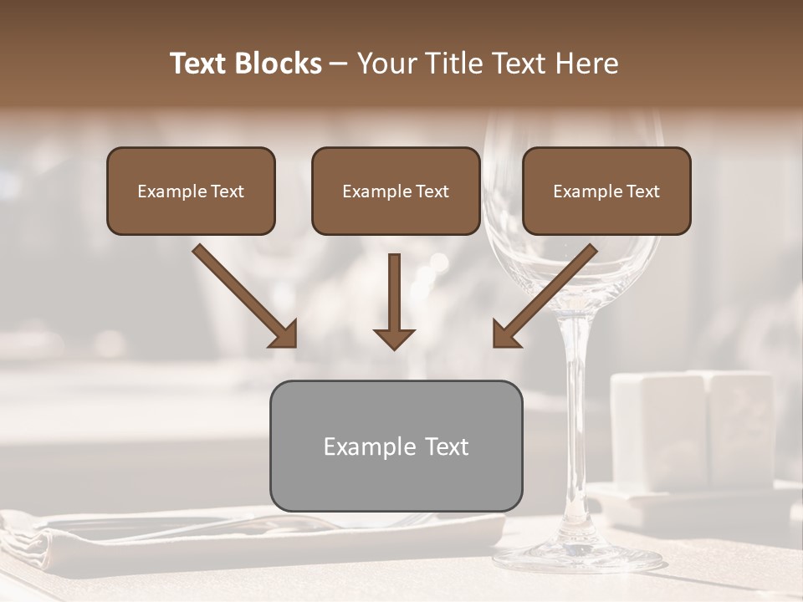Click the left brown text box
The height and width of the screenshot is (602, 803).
pyautogui.click(x=191, y=191)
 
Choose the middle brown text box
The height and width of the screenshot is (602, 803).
pyautogui.click(x=396, y=191)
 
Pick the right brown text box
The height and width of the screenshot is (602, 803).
pyautogui.click(x=606, y=191)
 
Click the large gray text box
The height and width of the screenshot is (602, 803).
pyautogui.click(x=396, y=446)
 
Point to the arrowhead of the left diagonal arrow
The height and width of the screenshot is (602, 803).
pyautogui.click(x=284, y=334)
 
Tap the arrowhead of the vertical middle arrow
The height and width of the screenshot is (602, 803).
pyautogui.click(x=394, y=338)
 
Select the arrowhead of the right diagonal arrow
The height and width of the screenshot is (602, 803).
pyautogui.click(x=505, y=334)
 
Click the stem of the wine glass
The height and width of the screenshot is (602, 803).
pyautogui.click(x=576, y=418)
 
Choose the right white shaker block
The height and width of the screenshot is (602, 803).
pyautogui.click(x=740, y=426)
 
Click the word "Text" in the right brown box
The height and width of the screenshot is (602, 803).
pyautogui.click(x=642, y=191)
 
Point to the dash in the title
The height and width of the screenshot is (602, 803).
pyautogui.click(x=339, y=64)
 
